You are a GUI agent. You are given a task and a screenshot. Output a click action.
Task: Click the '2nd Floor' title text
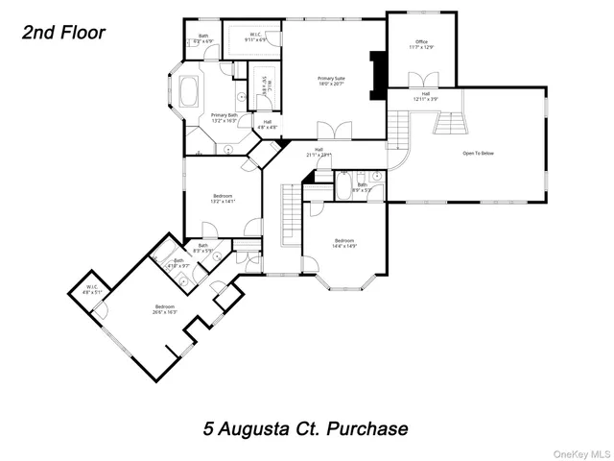(63, 32)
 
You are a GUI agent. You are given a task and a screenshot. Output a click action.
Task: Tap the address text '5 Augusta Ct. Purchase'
(305, 427)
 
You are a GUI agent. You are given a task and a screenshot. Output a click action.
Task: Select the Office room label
(419, 44)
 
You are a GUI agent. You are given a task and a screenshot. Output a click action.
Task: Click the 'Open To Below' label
(480, 153)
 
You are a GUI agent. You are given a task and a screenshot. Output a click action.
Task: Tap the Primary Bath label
(224, 118)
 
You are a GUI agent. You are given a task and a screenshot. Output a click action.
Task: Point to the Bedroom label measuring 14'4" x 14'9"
(345, 243)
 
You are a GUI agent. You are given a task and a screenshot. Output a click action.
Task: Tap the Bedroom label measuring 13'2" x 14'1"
(223, 199)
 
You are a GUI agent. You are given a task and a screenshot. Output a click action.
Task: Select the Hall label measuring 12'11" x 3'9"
(426, 96)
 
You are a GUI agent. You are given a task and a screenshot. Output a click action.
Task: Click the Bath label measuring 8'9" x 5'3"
(363, 187)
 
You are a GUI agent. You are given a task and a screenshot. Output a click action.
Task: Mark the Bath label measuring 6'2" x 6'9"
(203, 40)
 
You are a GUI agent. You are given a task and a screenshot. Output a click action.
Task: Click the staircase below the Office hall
(449, 123)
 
